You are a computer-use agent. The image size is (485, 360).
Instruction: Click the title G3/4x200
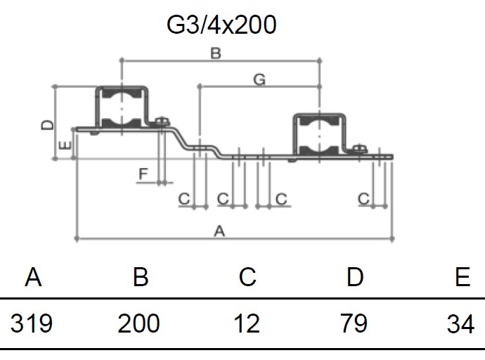click(x=221, y=25)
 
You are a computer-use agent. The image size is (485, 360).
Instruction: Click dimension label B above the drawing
click(x=216, y=53)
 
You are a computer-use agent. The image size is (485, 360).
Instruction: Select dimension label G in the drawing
click(x=259, y=79)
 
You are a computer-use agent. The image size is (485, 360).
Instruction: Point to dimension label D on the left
click(x=47, y=125)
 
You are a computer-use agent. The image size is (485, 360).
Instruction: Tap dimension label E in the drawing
click(x=65, y=146)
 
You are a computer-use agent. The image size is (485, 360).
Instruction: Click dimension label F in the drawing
click(x=143, y=174)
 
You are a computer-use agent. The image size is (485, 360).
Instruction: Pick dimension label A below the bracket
click(x=219, y=231)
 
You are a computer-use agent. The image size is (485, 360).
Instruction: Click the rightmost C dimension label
click(x=364, y=198)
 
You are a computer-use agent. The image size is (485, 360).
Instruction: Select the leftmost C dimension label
click(x=184, y=198)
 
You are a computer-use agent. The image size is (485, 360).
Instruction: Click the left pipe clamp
click(x=122, y=108)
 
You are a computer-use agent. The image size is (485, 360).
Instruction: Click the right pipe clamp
click(x=319, y=135)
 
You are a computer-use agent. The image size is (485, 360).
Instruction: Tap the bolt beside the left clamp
click(x=162, y=122)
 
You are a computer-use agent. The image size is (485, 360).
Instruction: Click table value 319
click(x=31, y=323)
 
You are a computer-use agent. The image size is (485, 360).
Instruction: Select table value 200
click(x=138, y=323)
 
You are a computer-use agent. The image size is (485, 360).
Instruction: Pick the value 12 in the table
click(x=247, y=323)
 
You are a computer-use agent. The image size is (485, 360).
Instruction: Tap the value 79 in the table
click(x=354, y=323)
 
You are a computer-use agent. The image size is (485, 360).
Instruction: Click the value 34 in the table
click(x=460, y=323)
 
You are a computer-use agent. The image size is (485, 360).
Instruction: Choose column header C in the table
click(x=247, y=276)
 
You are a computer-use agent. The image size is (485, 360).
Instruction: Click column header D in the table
click(x=355, y=276)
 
